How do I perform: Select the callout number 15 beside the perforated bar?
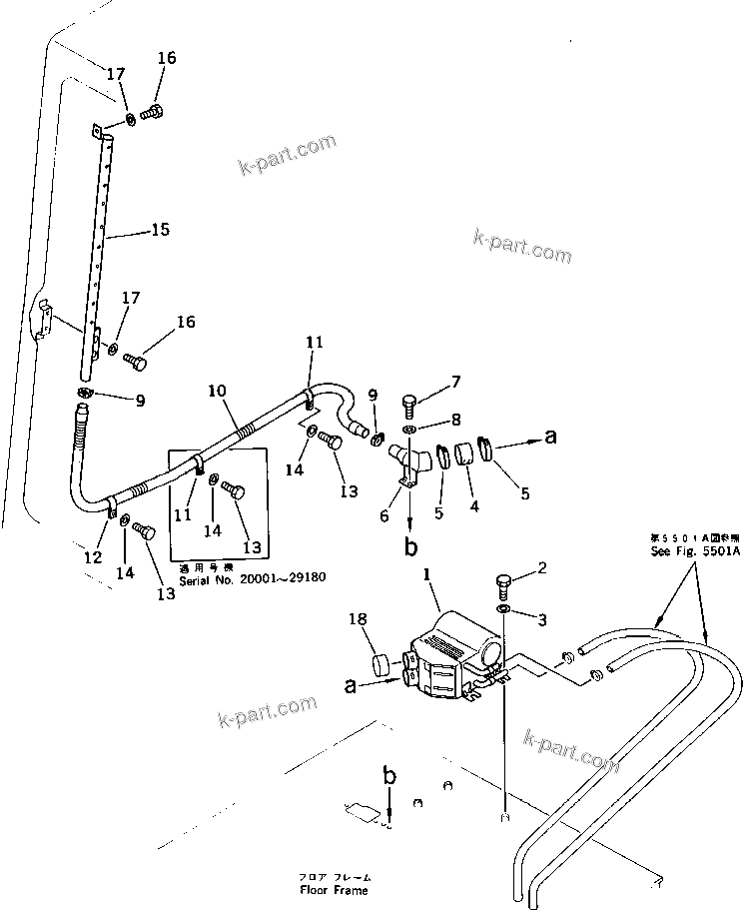[160, 230]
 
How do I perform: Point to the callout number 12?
[92, 557]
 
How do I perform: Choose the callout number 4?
[474, 506]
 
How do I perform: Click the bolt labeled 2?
[502, 584]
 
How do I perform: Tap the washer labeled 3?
[504, 609]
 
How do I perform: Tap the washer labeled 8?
[411, 431]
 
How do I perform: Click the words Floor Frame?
[334, 889]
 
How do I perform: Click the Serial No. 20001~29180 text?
[252, 578]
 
